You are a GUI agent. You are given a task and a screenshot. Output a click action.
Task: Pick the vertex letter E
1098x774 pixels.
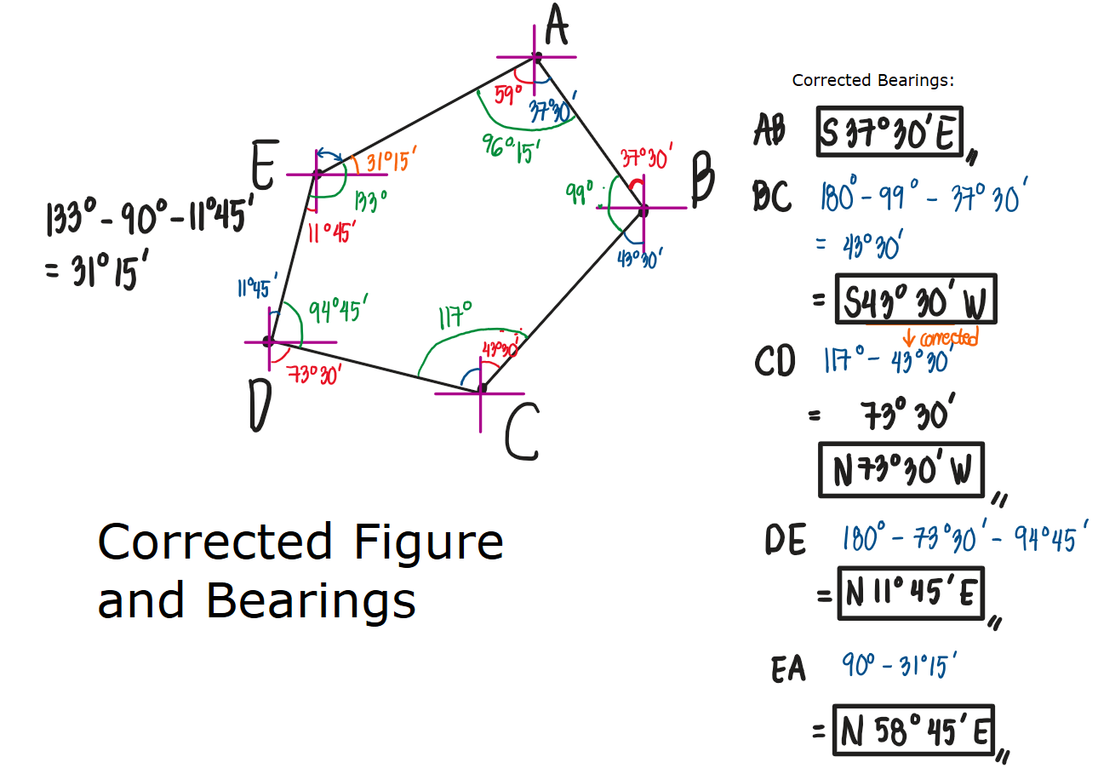coord(264,166)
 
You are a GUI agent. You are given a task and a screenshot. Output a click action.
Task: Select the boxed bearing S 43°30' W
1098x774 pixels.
coord(916,300)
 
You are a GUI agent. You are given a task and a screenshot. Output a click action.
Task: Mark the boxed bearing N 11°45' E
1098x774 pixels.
coord(910,593)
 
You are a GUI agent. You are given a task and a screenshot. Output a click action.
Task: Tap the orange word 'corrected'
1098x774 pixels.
coord(946,338)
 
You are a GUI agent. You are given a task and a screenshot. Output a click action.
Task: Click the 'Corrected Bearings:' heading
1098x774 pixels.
coord(872,81)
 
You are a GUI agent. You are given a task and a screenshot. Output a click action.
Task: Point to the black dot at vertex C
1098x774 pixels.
coord(482,388)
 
